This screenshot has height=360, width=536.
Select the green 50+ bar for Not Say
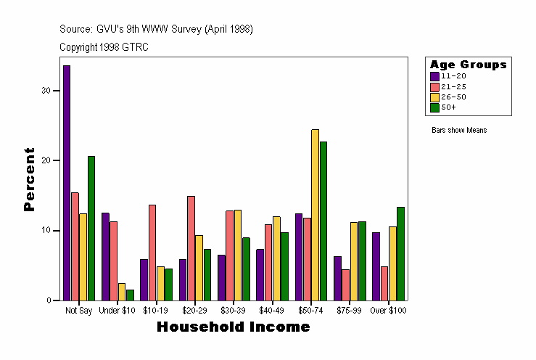(91, 228)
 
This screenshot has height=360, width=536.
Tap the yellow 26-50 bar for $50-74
(315, 215)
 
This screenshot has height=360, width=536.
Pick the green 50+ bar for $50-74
(323, 221)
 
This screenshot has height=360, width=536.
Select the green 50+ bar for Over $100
(400, 253)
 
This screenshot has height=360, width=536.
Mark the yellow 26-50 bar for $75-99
(354, 261)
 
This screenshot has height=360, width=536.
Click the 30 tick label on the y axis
(46, 91)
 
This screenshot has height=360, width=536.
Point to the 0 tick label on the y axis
(49, 300)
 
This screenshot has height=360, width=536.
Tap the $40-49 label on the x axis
(272, 311)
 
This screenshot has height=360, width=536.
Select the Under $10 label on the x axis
(117, 311)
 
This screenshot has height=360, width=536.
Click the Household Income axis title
(234, 327)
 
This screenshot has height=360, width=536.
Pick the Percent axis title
(29, 179)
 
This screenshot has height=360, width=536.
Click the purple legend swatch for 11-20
(434, 76)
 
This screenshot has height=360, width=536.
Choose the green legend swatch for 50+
(434, 107)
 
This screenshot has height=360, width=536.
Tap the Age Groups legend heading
(468, 65)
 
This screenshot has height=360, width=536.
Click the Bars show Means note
(459, 131)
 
